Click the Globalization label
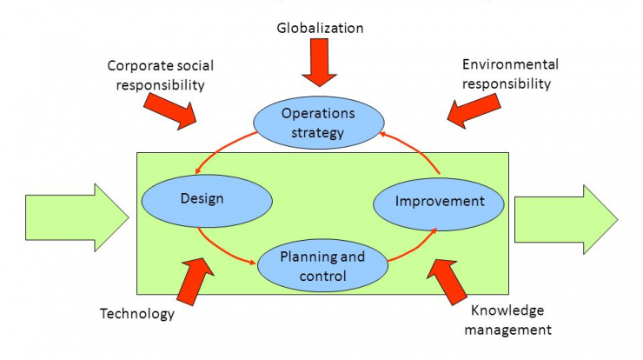[x=320, y=28]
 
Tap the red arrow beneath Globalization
[x=320, y=63]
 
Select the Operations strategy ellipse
[x=319, y=123]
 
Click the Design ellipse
[x=207, y=201]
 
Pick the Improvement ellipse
[x=439, y=204]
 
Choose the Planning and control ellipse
[x=322, y=265]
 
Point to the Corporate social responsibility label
[x=161, y=75]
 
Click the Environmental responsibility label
[x=510, y=74]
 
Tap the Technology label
[x=137, y=314]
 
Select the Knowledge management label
[x=507, y=320]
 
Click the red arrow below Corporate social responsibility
[x=170, y=110]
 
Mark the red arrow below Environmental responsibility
[x=474, y=110]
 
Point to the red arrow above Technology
[x=196, y=282]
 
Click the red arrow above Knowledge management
[x=447, y=283]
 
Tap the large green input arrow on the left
[x=77, y=217]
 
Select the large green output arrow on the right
[x=566, y=220]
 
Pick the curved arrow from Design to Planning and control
[x=222, y=250]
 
